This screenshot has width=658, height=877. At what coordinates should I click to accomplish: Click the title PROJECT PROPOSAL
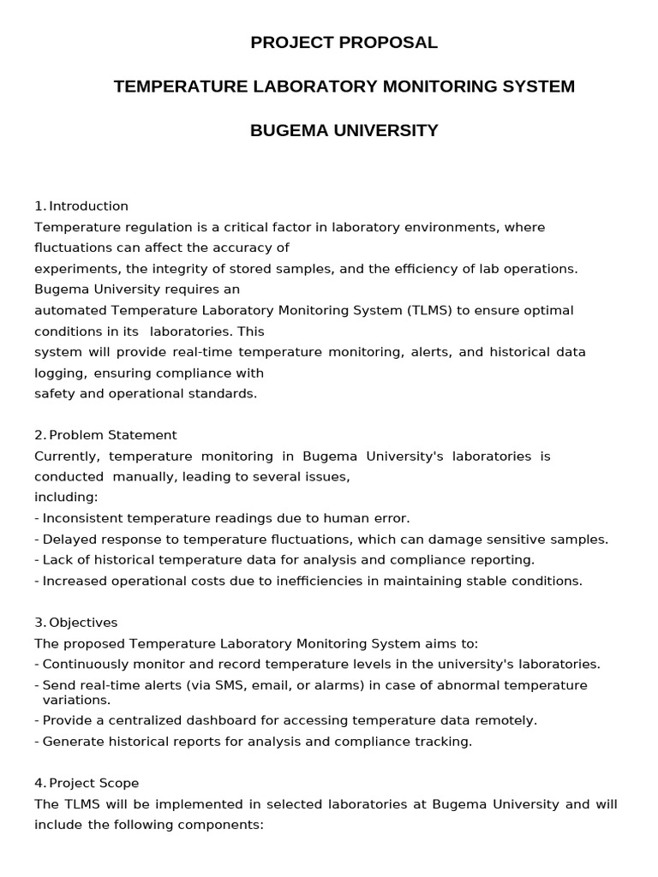tap(344, 43)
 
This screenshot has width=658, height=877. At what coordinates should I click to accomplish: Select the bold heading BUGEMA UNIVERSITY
tap(344, 130)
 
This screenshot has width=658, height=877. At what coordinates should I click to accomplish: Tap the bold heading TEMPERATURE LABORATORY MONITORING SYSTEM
tap(344, 87)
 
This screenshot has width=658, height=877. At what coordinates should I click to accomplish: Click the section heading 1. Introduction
tap(81, 206)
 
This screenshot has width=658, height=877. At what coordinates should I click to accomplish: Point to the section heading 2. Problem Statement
tap(105, 435)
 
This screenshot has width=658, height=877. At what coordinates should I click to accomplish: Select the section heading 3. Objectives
tap(76, 623)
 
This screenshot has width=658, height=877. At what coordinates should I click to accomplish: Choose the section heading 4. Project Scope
tap(87, 783)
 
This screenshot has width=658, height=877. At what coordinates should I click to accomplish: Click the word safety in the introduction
tap(52, 394)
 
